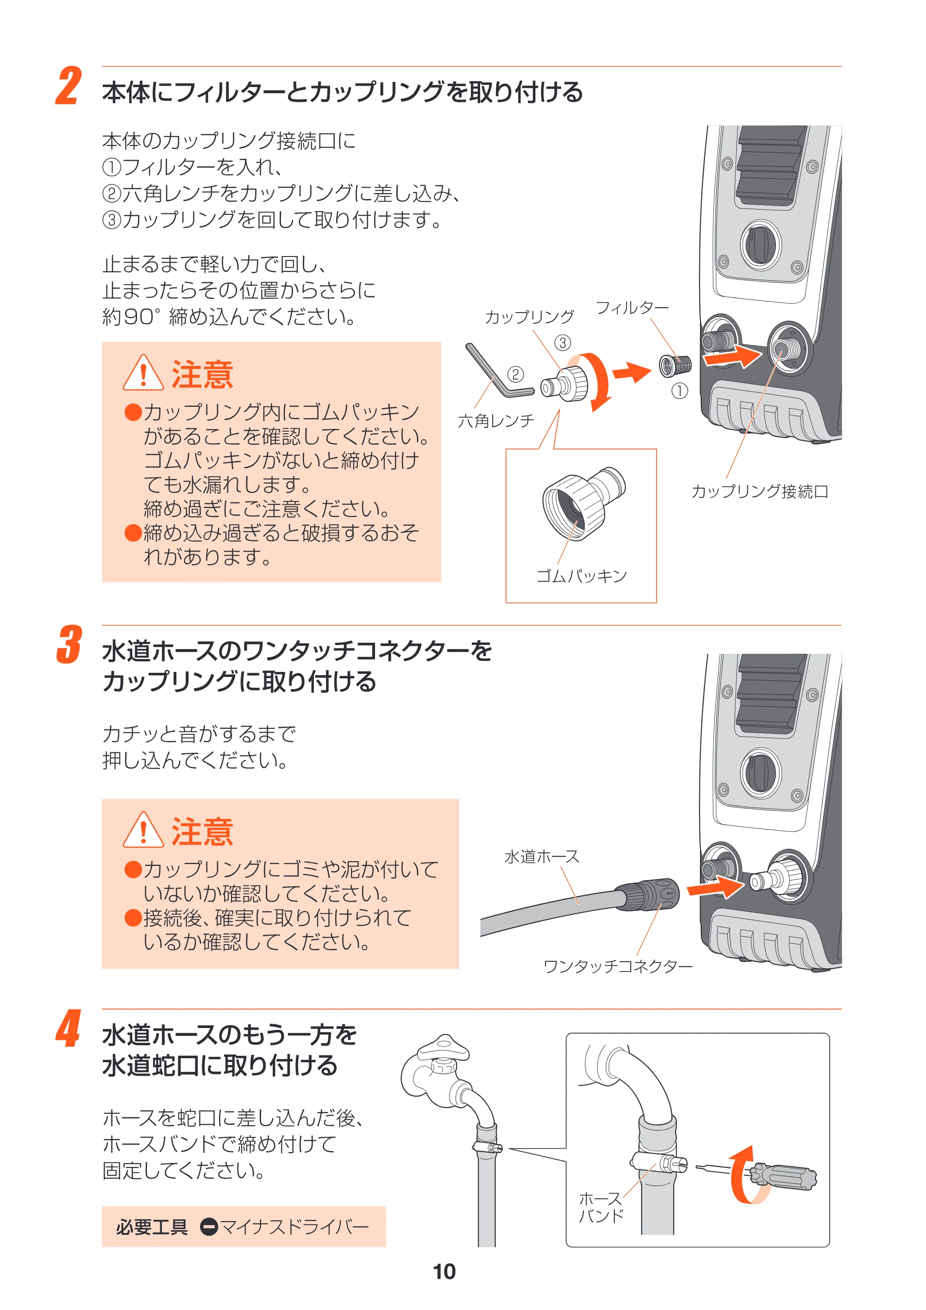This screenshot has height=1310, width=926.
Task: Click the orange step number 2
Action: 69,86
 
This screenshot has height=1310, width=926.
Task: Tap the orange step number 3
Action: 69,645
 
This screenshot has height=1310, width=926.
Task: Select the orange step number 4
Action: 69,1028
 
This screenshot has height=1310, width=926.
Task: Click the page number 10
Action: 444,1271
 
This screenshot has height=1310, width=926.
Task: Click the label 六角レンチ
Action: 496,421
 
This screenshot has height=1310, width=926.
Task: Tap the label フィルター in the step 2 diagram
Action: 632,308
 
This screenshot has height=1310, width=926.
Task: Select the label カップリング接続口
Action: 759,491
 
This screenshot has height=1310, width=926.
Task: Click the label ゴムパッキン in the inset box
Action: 582,576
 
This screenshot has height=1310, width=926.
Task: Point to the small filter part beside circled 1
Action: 676,365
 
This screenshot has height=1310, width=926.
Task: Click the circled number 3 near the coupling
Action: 563,343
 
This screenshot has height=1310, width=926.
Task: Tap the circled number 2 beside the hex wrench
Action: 515,374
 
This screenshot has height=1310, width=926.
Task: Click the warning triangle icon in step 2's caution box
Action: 143,373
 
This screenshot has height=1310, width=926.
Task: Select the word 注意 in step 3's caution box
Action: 202,832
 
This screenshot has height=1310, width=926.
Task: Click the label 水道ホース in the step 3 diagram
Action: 541,856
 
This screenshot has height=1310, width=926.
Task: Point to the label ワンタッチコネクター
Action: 618,966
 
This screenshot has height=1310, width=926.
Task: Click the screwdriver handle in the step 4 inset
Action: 783,1177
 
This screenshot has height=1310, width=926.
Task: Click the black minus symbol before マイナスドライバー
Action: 209,1227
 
